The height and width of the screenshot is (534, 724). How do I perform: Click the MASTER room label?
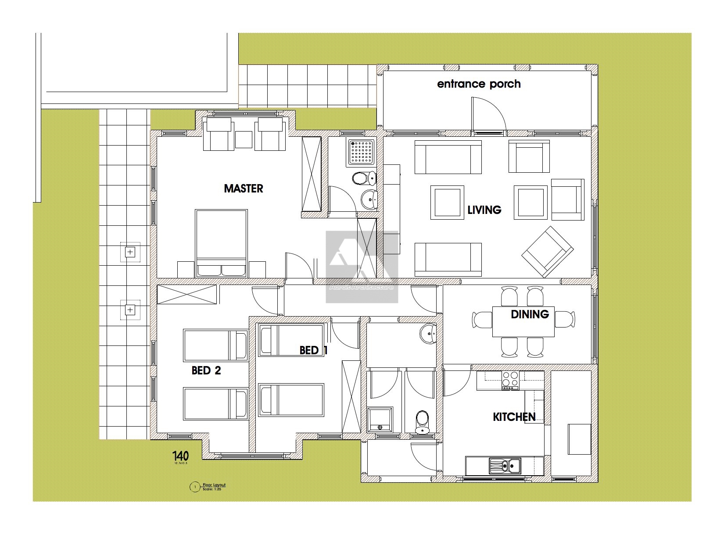pos(244,189)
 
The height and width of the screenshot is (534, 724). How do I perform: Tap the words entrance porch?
pos(479,84)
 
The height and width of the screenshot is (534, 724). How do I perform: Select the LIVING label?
pos(484,210)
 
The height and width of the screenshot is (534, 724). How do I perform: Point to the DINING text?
pos(530,314)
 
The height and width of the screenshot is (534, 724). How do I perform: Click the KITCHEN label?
pos(514,417)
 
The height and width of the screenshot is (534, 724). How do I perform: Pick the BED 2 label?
pos(206,370)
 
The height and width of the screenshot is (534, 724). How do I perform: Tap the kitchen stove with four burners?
pos(510,380)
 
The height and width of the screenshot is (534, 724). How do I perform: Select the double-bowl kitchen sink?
pos(505,466)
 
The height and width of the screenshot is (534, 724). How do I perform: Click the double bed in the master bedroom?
pos(222,242)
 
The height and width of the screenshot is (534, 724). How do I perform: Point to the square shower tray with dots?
pos(362,153)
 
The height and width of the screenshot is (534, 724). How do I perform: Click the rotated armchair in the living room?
pos(547,252)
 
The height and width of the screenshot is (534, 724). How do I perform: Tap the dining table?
pos(523,321)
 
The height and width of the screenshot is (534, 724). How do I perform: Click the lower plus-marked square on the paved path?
pos(130,310)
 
